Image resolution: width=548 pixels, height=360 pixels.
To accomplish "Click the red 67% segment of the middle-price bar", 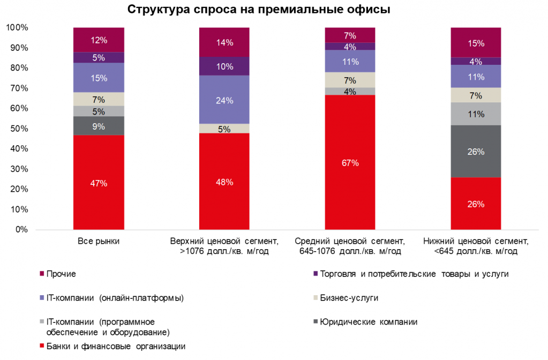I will click(350, 162).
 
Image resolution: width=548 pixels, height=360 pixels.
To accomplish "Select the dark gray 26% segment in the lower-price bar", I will click(475, 152).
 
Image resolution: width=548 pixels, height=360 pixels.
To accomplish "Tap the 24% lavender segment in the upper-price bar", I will click(224, 100).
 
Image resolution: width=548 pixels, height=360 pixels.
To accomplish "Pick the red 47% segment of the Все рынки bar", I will click(99, 183).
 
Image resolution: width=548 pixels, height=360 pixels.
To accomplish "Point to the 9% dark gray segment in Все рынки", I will click(99, 126).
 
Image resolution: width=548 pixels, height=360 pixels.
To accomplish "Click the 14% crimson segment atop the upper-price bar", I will click(224, 42).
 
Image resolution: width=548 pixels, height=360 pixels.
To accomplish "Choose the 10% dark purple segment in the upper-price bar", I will click(224, 66).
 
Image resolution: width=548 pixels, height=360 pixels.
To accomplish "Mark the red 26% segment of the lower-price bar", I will click(475, 204).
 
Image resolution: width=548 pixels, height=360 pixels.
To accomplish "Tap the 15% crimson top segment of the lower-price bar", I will click(475, 43).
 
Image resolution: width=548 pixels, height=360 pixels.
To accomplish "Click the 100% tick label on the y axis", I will click(17, 28).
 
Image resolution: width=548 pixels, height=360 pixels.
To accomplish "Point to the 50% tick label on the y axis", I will click(19, 129).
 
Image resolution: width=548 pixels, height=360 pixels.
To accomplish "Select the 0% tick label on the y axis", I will click(21, 230).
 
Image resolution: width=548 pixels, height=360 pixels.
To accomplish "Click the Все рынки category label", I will click(99, 241).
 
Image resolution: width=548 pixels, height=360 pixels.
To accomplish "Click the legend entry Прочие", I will click(61, 274).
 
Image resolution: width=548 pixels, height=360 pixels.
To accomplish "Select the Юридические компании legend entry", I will click(369, 321).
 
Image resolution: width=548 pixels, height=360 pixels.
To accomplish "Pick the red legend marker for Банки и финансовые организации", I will click(42, 346).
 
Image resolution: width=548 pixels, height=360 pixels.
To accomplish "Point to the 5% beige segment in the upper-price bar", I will click(224, 129).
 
